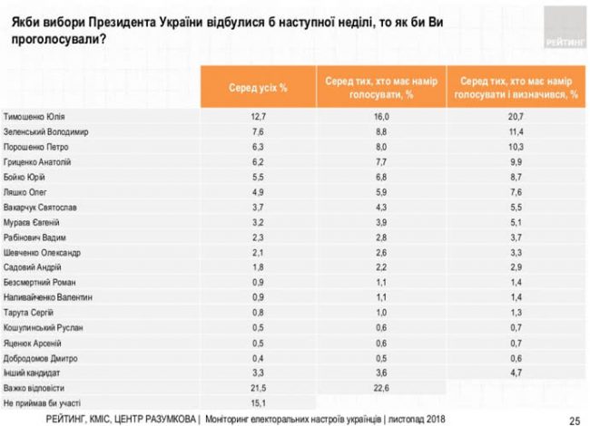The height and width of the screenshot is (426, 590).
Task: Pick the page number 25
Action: (573, 418)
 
